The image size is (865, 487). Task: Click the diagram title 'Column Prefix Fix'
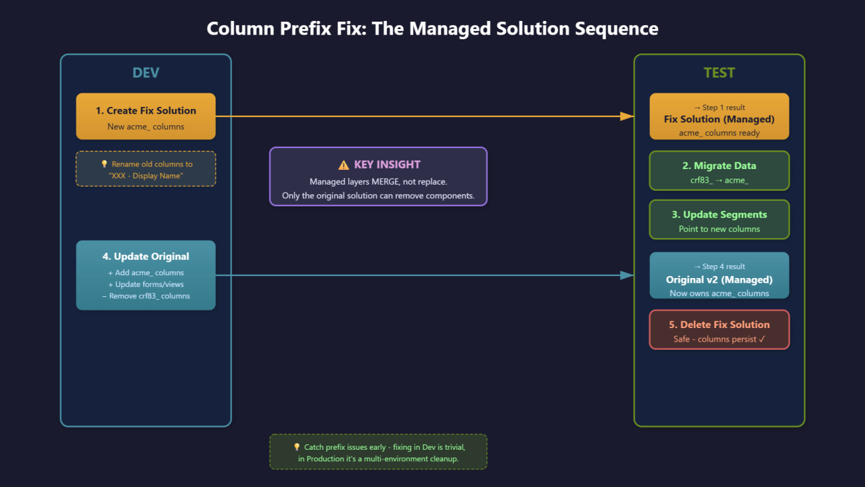pos(432,29)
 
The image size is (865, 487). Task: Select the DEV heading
pos(145,73)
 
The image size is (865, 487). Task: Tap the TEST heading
pos(719,73)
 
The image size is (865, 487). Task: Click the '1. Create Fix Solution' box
pos(145,116)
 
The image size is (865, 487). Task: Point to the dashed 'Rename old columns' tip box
pos(145,168)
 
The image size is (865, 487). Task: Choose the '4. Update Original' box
pos(145,275)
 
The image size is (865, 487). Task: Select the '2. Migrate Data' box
pos(719,170)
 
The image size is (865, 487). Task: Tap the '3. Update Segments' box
pos(719,220)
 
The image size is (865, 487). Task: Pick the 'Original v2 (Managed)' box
pos(719,275)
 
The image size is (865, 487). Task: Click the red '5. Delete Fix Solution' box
pos(719,329)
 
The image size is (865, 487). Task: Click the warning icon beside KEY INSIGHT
pos(343,164)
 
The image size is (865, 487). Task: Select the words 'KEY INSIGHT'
pos(387,164)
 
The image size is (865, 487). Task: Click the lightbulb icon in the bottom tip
pos(296,447)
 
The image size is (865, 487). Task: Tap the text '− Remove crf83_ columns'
pos(145,296)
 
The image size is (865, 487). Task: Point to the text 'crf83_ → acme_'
pos(719,180)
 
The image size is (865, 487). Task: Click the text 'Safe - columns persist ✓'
pos(719,339)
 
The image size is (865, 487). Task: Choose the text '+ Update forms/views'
pos(145,284)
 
